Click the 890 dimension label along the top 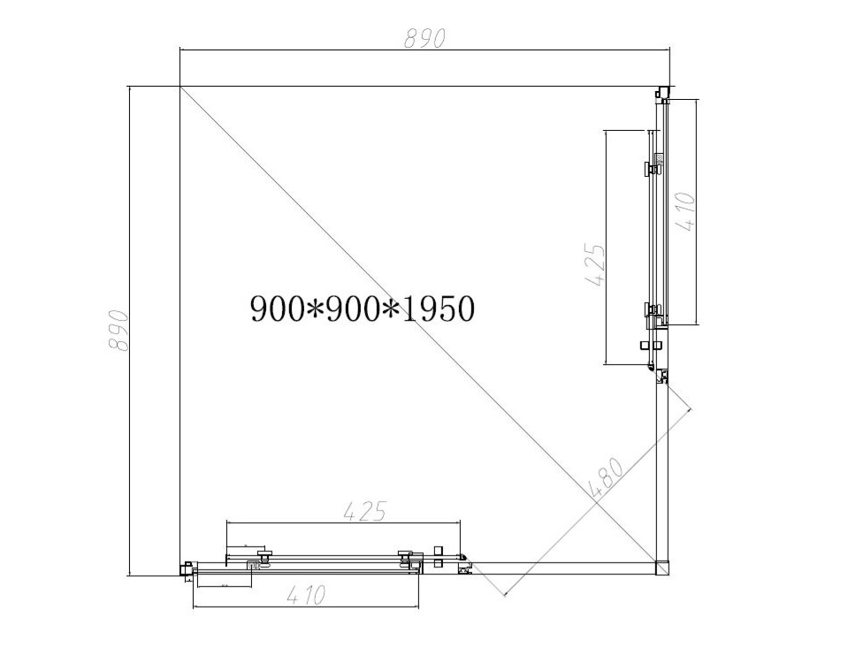pyautogui.click(x=425, y=38)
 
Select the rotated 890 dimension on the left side pyautogui.click(x=118, y=331)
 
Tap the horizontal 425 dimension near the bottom pyautogui.click(x=364, y=511)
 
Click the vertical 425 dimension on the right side pyautogui.click(x=595, y=264)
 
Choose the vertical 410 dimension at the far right pyautogui.click(x=686, y=212)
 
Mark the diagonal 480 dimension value pyautogui.click(x=607, y=477)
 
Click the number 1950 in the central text pyautogui.click(x=438, y=309)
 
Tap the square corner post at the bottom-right pyautogui.click(x=661, y=568)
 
